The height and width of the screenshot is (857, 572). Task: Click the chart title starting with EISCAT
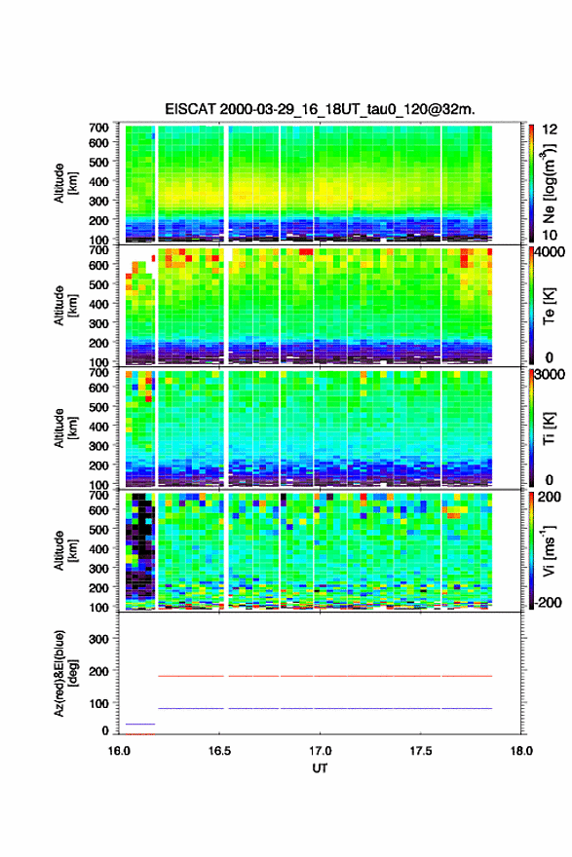point(320,109)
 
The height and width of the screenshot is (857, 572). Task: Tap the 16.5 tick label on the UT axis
point(218,751)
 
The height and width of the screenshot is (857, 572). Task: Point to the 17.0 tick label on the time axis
point(320,751)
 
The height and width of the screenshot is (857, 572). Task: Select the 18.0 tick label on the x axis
point(521,751)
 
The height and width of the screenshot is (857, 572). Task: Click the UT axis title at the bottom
point(320,768)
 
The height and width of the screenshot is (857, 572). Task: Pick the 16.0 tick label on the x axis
point(119,751)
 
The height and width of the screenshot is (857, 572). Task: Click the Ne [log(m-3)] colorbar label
point(549,183)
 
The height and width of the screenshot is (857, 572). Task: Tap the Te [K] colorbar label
point(549,306)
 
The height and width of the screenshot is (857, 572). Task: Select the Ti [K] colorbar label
point(549,428)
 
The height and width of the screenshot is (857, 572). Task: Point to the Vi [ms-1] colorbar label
point(549,550)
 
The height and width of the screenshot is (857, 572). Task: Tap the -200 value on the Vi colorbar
point(548,602)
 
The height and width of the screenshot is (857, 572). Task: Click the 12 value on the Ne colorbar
point(551,130)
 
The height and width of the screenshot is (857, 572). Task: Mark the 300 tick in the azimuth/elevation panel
point(99,639)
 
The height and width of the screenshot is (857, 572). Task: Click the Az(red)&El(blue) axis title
point(65,673)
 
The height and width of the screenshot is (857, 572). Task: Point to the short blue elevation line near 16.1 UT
point(140,724)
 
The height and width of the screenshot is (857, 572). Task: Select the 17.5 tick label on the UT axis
point(421,751)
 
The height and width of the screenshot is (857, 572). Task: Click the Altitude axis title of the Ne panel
point(65,183)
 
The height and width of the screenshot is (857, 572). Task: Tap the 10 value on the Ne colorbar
point(551,235)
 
